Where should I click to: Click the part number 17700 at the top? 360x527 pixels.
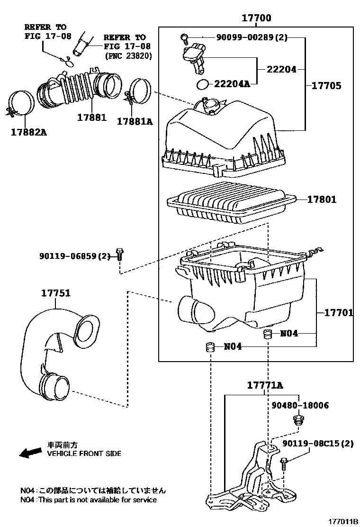pos(256,18)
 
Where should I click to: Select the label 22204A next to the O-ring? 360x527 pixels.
pos(233,83)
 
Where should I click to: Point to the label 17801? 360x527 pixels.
pos(322,200)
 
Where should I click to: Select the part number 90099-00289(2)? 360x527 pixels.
pos(252,37)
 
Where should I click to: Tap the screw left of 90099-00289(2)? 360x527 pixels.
pos(184,39)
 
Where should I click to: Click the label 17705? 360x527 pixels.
pos(326,86)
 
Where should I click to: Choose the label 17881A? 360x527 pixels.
pos(135,121)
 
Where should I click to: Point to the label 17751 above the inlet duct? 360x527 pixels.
pos(56,293)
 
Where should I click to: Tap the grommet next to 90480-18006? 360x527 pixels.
pos(297,420)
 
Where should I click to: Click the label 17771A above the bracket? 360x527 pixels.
pos(265,385)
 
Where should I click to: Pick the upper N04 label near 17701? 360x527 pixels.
pos(289,334)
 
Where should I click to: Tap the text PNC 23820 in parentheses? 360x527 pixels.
pos(128,56)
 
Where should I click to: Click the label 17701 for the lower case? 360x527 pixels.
pos(339,313)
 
